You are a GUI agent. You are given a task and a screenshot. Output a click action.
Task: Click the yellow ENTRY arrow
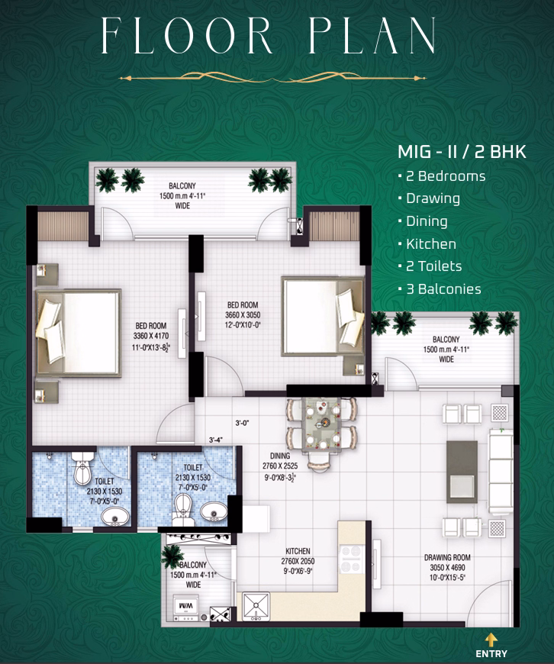coord(491,640)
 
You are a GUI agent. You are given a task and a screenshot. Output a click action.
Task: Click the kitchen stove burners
coord(351,559)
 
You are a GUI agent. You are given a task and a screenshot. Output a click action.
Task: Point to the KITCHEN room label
coord(298,551)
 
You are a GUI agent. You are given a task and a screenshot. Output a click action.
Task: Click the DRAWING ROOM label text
coord(447,557)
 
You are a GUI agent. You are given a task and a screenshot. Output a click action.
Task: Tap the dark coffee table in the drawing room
coord(462,472)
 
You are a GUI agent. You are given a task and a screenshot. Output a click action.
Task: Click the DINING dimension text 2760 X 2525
coord(280,466)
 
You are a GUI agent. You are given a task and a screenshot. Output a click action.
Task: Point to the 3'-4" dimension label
coord(216,440)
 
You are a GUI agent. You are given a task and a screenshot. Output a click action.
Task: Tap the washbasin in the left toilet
coord(115,516)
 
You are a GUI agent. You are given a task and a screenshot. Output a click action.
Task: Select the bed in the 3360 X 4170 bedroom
coord(79,333)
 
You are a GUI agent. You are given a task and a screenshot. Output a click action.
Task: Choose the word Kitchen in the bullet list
coord(431,244)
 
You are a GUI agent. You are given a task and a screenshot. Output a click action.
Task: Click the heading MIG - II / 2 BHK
coord(462,152)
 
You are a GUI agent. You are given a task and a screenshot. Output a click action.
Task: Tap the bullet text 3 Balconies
coord(443,288)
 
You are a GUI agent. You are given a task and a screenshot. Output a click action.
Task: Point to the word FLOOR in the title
coord(186,36)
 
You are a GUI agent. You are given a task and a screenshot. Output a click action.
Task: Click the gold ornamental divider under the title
coord(273,78)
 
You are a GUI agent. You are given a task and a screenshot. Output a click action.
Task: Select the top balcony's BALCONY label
coord(182,186)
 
